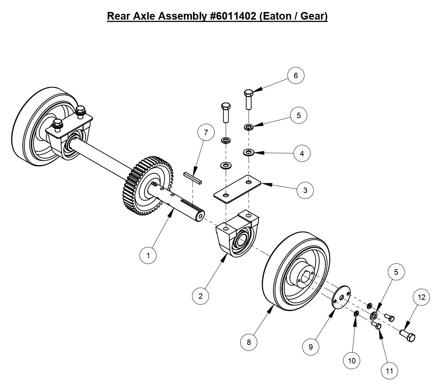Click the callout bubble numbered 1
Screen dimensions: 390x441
[x=148, y=255]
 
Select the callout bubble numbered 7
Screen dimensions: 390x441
[x=206, y=133]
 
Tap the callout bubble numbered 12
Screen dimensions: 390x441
[x=421, y=297]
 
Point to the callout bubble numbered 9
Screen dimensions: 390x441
[x=311, y=347]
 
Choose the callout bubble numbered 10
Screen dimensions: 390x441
[x=352, y=361]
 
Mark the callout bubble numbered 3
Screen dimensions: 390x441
[x=305, y=190]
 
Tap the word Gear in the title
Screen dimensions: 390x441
[x=312, y=16]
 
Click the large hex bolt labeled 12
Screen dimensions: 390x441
[x=408, y=335]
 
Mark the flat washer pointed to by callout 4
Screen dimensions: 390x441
[x=249, y=151]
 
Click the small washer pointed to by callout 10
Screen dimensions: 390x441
[x=356, y=313]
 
